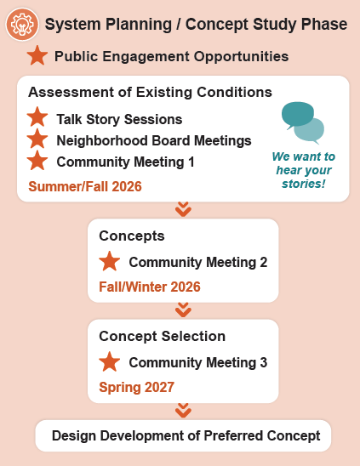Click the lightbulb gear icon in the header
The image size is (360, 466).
22,25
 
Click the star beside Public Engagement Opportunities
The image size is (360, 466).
37,55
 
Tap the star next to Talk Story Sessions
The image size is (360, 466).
37,117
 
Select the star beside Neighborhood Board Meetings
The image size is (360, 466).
37,139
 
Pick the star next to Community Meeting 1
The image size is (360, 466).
37,161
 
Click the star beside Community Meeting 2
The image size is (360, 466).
110,261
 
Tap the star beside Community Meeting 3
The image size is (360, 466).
110,361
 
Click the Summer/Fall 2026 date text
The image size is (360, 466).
85,186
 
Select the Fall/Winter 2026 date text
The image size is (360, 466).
150,287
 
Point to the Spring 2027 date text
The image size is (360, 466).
136,387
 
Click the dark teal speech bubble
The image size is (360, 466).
298,115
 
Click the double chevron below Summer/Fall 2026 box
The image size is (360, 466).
183,209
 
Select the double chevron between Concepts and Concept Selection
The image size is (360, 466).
183,310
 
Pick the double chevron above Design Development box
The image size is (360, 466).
183,410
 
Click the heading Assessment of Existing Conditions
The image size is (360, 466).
151,92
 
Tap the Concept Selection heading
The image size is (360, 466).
163,336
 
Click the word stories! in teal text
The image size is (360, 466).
304,184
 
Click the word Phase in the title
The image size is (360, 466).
324,25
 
